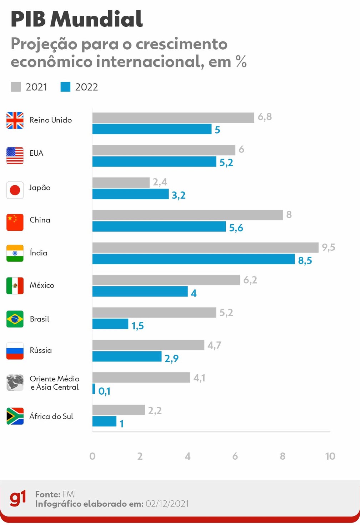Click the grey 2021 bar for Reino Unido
(173, 117)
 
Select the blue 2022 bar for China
(159, 226)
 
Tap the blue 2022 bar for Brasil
(110, 324)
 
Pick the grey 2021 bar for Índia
(205, 247)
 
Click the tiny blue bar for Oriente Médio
(94, 389)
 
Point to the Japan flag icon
(15, 190)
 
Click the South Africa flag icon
(15, 416)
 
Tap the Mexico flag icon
(15, 286)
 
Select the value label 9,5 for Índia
(328, 247)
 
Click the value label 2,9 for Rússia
(171, 358)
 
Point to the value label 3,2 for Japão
(179, 195)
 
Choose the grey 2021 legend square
(16, 87)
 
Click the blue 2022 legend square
(65, 87)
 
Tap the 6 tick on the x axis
(235, 456)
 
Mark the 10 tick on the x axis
(330, 456)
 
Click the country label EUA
(36, 153)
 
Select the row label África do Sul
(51, 416)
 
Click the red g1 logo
(18, 498)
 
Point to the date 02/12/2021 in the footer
(167, 504)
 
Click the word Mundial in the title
(96, 19)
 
